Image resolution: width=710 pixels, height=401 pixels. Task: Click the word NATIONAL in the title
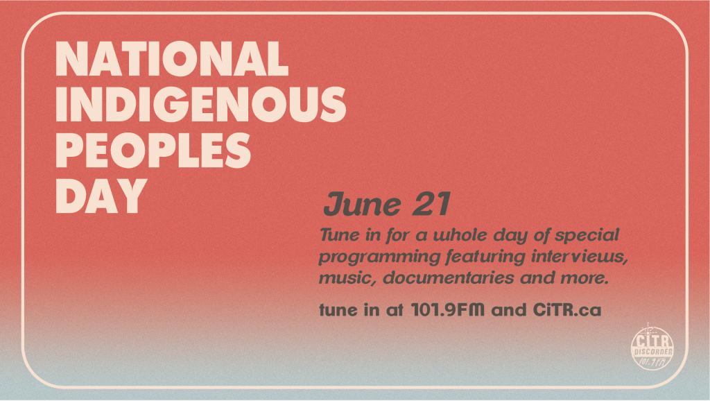172,58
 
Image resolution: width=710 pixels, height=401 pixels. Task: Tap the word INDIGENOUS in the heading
200,104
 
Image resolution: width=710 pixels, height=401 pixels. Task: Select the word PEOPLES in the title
153,150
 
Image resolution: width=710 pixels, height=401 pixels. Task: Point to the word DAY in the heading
101,195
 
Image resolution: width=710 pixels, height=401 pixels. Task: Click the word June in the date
362,205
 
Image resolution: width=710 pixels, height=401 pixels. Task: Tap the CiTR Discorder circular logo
652,347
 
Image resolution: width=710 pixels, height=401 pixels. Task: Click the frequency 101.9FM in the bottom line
447,310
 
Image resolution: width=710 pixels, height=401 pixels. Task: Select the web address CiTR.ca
567,310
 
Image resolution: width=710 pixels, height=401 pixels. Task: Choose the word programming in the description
379,257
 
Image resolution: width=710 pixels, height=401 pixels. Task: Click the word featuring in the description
486,257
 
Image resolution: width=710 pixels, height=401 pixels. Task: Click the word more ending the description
585,278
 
